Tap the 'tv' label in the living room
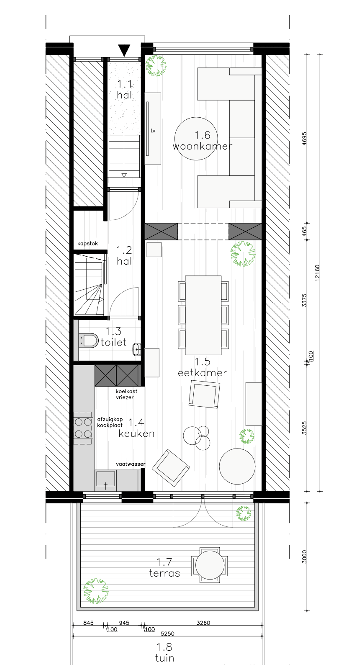[153, 131]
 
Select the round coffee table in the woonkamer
[196, 139]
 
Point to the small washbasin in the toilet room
[137, 349]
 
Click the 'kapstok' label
[88, 243]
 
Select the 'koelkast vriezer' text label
[126, 394]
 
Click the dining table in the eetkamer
[203, 315]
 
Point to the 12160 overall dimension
[317, 273]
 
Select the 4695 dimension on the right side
[304, 139]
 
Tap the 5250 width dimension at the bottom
[168, 633]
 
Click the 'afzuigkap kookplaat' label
[110, 422]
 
